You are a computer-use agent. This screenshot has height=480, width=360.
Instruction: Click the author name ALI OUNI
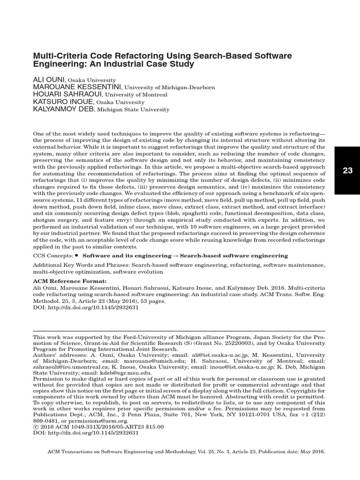[49, 80]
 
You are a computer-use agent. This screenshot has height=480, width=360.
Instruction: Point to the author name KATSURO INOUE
[63, 102]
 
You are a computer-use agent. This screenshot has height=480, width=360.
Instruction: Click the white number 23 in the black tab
[347, 171]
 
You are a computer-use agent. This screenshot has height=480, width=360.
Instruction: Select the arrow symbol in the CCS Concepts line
[175, 256]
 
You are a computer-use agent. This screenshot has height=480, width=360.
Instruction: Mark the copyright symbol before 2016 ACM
[35, 427]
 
